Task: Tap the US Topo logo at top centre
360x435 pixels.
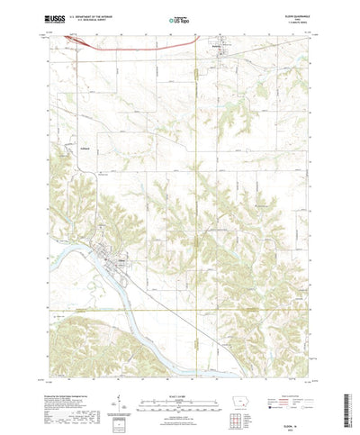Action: (x=177, y=18)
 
